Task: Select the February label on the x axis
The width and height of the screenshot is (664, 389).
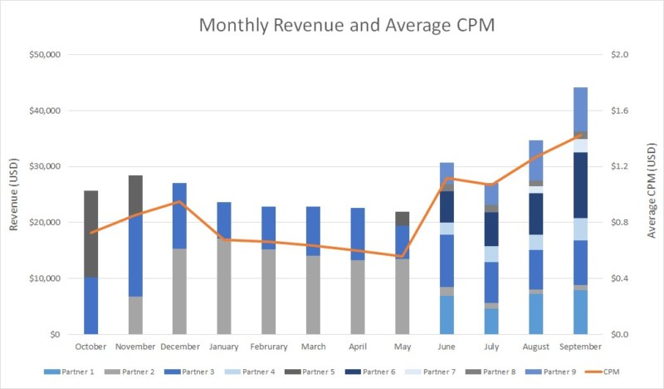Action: [x=269, y=347]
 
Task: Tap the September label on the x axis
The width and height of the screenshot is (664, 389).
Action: [x=581, y=347]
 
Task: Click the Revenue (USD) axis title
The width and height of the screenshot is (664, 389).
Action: [x=13, y=194]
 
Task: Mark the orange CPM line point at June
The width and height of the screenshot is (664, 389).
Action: [x=447, y=178]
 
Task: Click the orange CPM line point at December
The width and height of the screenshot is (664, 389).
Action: [x=180, y=201]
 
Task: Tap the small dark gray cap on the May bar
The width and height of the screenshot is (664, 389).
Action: [x=403, y=219]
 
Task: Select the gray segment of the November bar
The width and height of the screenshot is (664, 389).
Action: [x=135, y=315]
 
